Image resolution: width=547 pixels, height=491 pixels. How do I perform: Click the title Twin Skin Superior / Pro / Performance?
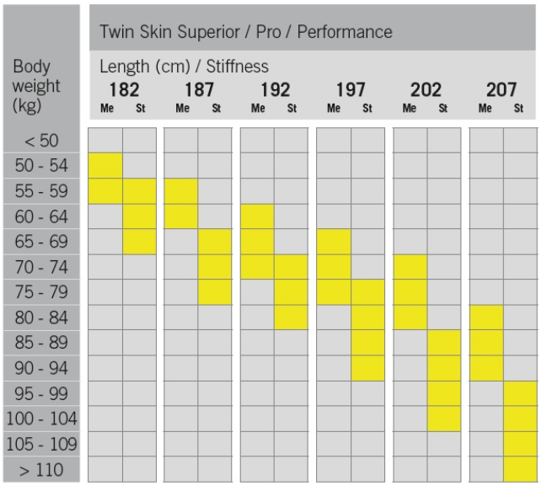pyautogui.click(x=246, y=32)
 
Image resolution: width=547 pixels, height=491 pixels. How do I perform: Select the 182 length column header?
pyautogui.click(x=123, y=91)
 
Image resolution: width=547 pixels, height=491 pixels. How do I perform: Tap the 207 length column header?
pyautogui.click(x=502, y=91)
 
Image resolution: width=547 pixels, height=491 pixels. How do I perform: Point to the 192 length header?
pyautogui.click(x=275, y=91)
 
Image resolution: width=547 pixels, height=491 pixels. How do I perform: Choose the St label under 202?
pyautogui.click(x=443, y=108)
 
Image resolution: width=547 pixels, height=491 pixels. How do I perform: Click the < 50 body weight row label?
pyautogui.click(x=42, y=140)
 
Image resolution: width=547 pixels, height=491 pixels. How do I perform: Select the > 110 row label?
pyautogui.click(x=42, y=468)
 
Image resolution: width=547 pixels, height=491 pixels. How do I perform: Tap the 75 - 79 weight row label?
pyautogui.click(x=42, y=291)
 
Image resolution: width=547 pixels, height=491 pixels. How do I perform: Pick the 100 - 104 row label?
pyautogui.click(x=42, y=418)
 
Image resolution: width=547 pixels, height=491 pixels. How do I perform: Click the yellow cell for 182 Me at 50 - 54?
pyautogui.click(x=105, y=165)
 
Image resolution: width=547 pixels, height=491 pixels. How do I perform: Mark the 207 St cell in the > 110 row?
pyautogui.click(x=520, y=468)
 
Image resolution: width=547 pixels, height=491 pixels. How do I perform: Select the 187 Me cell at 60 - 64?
pyautogui.click(x=181, y=216)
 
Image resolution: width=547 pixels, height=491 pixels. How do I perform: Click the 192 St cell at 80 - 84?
pyautogui.click(x=291, y=317)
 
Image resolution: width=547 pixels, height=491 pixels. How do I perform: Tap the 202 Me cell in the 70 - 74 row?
pyautogui.click(x=410, y=266)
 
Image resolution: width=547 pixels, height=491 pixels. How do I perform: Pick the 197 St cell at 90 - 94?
pyautogui.click(x=367, y=367)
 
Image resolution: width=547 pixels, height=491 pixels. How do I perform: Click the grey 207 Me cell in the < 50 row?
pyautogui.click(x=486, y=140)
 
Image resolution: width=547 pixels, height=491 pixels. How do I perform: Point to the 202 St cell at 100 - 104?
pyautogui.click(x=444, y=418)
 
